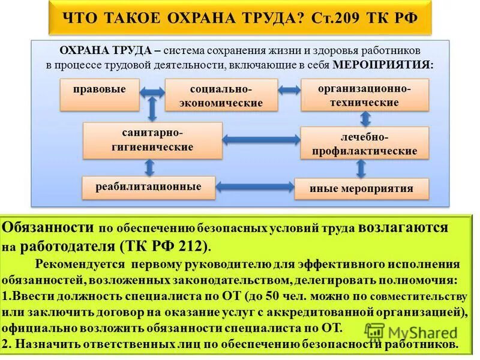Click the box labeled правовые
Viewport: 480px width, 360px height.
click(100, 94)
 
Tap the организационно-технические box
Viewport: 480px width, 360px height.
click(365, 95)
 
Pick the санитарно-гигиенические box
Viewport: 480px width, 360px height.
click(152, 140)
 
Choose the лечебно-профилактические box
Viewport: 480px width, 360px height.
click(365, 143)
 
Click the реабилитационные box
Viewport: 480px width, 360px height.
click(149, 187)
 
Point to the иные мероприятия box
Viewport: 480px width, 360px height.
click(362, 188)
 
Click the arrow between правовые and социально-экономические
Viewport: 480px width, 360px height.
click(152, 92)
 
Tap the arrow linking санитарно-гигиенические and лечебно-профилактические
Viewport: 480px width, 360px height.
click(261, 140)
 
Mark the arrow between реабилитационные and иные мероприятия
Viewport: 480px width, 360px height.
click(255, 187)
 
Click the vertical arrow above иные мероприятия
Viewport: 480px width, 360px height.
click(361, 168)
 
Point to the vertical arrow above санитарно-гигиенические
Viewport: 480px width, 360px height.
click(152, 110)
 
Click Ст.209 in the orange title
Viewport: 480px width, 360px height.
click(340, 18)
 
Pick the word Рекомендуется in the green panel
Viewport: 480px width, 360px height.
click(79, 264)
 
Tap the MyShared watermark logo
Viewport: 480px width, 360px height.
click(412, 332)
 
